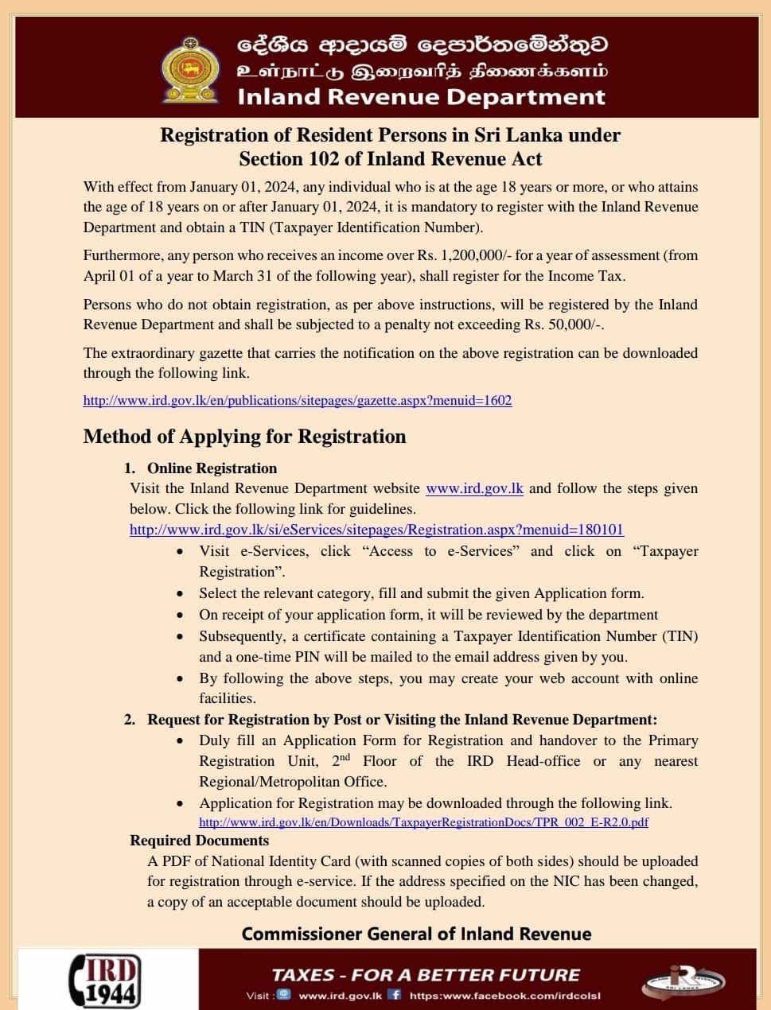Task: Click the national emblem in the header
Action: point(190,70)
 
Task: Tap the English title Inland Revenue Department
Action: point(421,97)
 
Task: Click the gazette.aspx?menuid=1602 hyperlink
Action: point(298,400)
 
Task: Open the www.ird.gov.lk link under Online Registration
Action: point(474,488)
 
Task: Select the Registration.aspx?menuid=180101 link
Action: point(376,530)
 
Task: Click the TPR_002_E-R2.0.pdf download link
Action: point(423,822)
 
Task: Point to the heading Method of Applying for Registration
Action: point(244,437)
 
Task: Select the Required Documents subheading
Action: point(199,841)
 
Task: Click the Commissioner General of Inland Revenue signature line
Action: point(416,934)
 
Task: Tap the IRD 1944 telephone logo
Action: point(107,979)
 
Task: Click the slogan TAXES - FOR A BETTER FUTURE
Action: point(426,975)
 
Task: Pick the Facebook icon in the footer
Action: point(394,995)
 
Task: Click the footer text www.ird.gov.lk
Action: point(340,996)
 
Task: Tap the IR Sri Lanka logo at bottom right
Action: point(682,981)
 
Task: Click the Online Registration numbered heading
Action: point(212,468)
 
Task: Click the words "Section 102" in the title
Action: point(289,159)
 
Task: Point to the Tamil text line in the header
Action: point(422,71)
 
